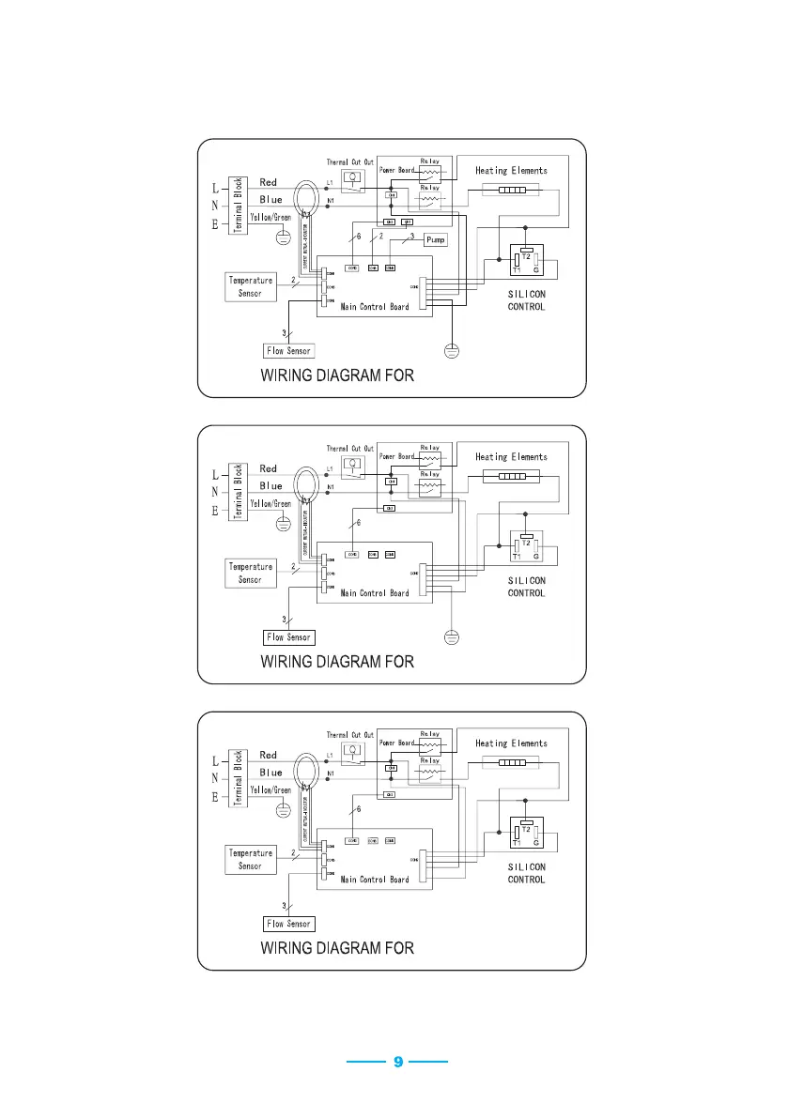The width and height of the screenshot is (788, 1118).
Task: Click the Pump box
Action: tap(435, 239)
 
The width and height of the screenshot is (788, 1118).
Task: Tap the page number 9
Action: tap(397, 1062)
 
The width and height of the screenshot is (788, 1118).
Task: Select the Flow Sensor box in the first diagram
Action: tap(288, 351)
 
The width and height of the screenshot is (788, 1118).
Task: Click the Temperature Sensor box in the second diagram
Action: tap(250, 573)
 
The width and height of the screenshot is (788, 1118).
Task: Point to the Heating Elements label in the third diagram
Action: tap(511, 743)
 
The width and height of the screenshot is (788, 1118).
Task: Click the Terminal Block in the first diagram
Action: tap(239, 206)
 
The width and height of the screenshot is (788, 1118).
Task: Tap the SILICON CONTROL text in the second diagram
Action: tap(526, 587)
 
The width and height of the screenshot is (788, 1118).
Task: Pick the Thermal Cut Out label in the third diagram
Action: tap(350, 735)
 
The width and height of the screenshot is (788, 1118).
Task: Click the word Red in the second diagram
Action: tap(269, 468)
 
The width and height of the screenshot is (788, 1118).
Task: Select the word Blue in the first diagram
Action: tap(270, 199)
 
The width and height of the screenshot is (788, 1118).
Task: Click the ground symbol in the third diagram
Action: tap(280, 810)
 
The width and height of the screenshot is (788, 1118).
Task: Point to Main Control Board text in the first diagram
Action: tap(375, 307)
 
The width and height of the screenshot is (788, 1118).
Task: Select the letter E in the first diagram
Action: tap(216, 225)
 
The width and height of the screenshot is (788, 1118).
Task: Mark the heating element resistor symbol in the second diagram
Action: tap(511, 476)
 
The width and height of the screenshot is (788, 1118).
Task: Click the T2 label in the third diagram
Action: tap(526, 829)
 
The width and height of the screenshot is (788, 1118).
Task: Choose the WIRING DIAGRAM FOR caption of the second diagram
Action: tap(336, 662)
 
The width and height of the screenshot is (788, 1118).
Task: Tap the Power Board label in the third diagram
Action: tap(397, 743)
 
